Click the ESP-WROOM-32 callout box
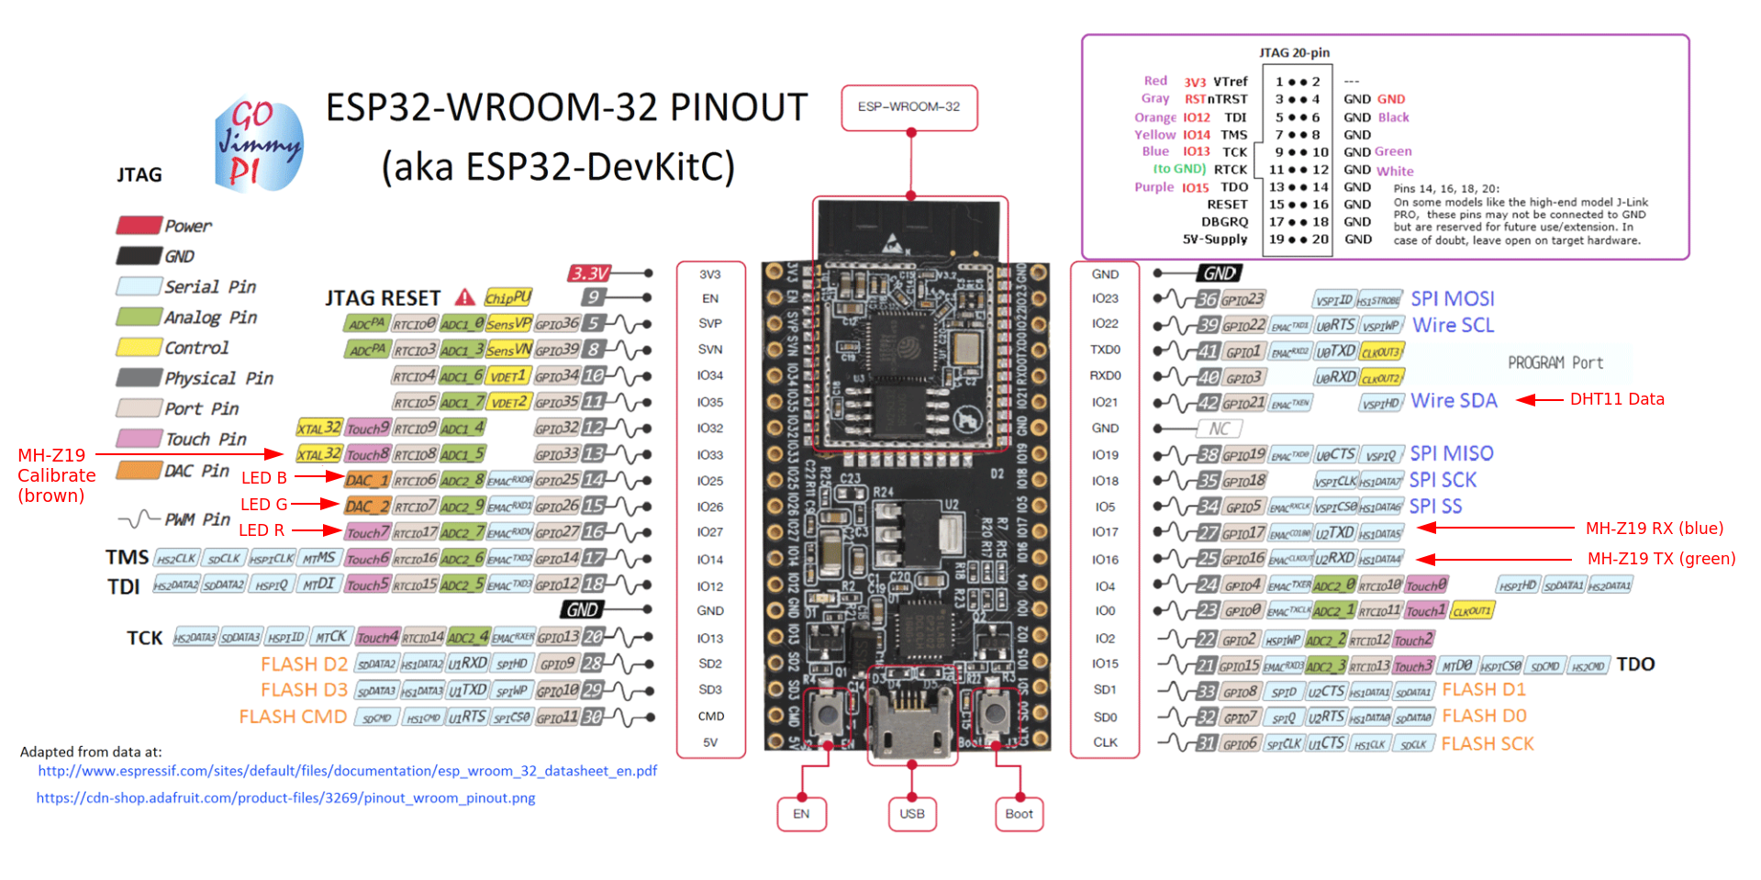point(908,107)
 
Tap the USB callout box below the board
point(912,814)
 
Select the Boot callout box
point(1019,814)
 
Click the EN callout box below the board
point(801,814)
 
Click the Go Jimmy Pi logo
point(258,144)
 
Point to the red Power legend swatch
point(139,226)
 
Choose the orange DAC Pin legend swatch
point(139,471)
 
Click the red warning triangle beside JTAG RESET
point(465,297)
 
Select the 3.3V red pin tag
point(590,273)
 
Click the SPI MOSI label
point(1452,299)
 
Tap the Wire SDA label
point(1454,401)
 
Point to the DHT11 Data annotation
point(1616,399)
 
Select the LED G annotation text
point(264,505)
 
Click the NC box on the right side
point(1220,429)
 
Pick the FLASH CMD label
point(293,717)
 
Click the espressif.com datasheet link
point(347,771)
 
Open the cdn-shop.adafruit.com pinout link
point(285,798)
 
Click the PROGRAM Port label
point(1555,363)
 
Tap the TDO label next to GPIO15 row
point(1635,664)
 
